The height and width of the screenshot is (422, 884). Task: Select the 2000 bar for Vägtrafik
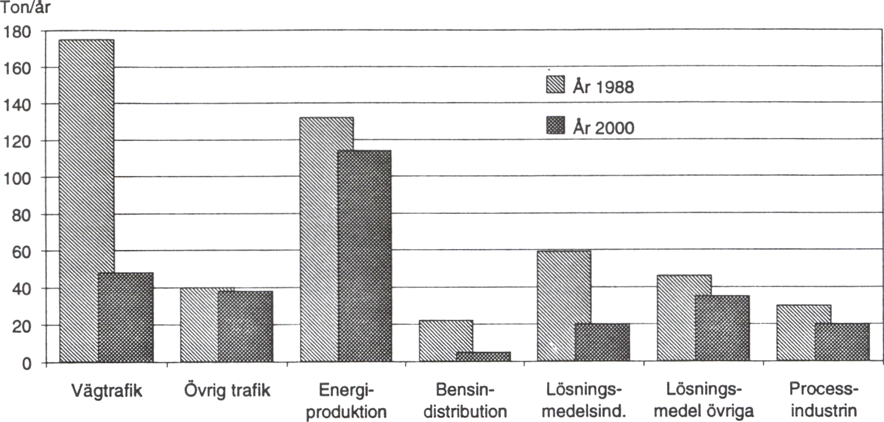(126, 317)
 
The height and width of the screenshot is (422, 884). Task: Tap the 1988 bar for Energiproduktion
(327, 240)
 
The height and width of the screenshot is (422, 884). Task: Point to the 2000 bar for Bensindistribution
(483, 357)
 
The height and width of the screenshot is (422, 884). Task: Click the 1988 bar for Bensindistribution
(446, 341)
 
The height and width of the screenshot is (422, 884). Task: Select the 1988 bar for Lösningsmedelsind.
(564, 306)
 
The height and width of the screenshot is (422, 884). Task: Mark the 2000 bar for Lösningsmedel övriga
(722, 329)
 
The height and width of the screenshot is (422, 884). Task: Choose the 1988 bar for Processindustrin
(804, 334)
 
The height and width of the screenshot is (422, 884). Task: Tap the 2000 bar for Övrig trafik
(245, 327)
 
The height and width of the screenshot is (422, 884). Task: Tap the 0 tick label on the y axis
(26, 363)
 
